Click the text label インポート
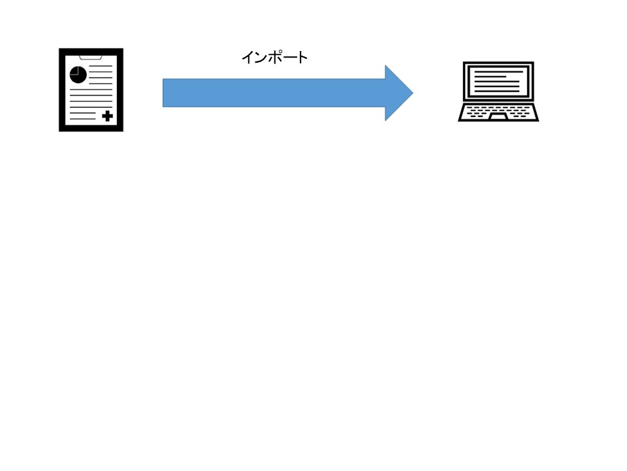274,58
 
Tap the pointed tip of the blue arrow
411,93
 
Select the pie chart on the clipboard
78,74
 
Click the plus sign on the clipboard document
107,116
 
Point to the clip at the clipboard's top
91,57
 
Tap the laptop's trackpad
498,116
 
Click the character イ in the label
248,58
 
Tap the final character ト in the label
302,58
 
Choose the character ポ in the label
275,58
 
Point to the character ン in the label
261,58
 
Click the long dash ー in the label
289,58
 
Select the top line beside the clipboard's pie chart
101,67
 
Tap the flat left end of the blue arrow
164,93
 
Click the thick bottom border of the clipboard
91,129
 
